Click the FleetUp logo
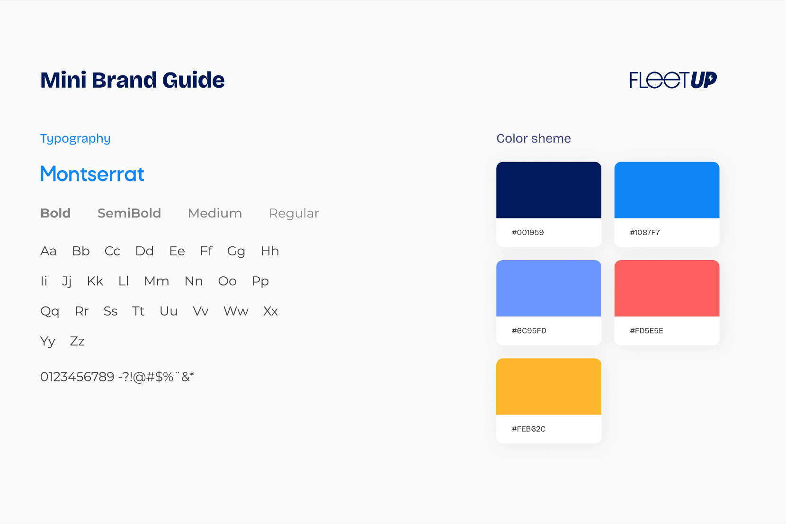(x=673, y=80)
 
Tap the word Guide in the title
(x=193, y=80)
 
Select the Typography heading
(x=75, y=139)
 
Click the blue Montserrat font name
(x=92, y=174)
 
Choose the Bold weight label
(x=55, y=213)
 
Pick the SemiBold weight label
(x=129, y=213)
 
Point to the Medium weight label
(x=215, y=213)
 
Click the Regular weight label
(x=294, y=214)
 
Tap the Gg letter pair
(x=236, y=252)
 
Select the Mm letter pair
(x=157, y=281)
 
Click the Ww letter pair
(x=236, y=311)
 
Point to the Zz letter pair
(x=77, y=341)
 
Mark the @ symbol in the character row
(x=139, y=377)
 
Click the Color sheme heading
(x=534, y=138)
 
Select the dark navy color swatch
(x=549, y=190)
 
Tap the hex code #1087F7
(x=645, y=233)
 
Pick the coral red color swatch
(x=667, y=289)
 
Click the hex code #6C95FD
(x=529, y=331)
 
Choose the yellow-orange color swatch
(x=549, y=387)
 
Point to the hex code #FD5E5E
(x=647, y=331)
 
